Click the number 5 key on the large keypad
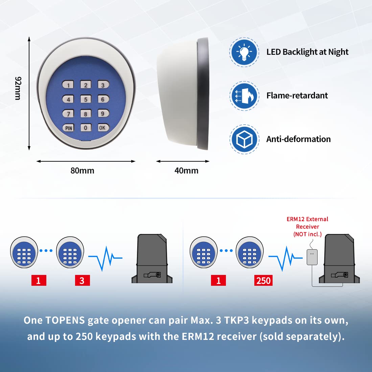pos(86,99)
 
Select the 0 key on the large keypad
pos(86,127)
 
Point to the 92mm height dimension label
pos(18,88)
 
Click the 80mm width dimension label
pos(82,170)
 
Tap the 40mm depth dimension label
pos(186,170)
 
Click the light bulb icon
pos(244,52)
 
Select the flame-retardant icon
pos(244,96)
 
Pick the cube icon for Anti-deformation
pos(244,139)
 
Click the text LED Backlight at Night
pos(307,52)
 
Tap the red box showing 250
pos(263,280)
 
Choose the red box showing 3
pos(82,280)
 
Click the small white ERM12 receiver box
pos(312,257)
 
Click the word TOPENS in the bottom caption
pos(65,320)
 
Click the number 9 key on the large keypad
pos(103,113)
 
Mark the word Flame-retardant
pos(297,96)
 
